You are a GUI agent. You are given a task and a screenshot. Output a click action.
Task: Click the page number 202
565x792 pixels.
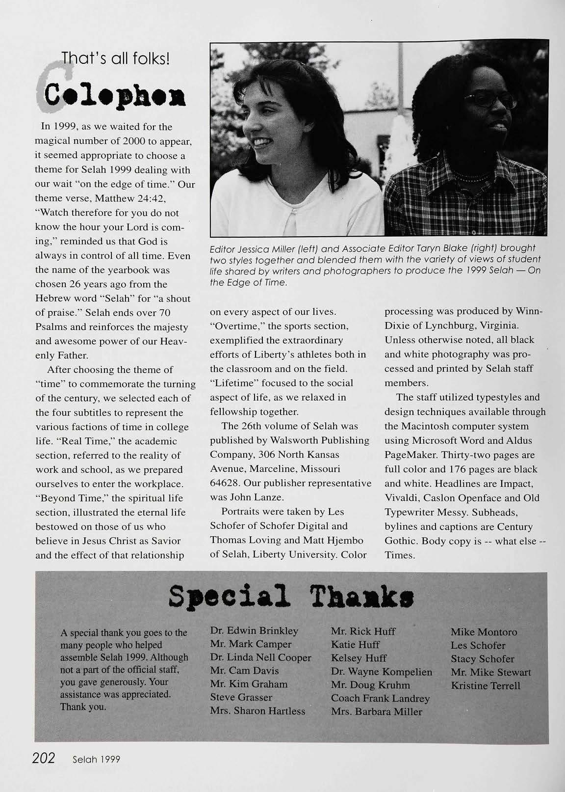pyautogui.click(x=43, y=758)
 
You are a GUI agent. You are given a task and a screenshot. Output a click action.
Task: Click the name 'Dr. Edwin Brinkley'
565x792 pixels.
pyautogui.click(x=254, y=631)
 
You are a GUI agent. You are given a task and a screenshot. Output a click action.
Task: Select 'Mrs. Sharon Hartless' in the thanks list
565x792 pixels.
pyautogui.click(x=257, y=710)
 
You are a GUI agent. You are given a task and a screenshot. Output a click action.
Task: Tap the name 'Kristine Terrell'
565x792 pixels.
pyautogui.click(x=486, y=685)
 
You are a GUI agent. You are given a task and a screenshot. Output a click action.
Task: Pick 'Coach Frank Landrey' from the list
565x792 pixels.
pyautogui.click(x=380, y=698)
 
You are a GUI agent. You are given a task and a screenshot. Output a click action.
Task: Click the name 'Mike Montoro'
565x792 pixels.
pyautogui.click(x=484, y=632)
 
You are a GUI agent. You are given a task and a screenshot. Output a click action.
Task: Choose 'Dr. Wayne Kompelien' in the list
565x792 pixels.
pyautogui.click(x=382, y=672)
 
